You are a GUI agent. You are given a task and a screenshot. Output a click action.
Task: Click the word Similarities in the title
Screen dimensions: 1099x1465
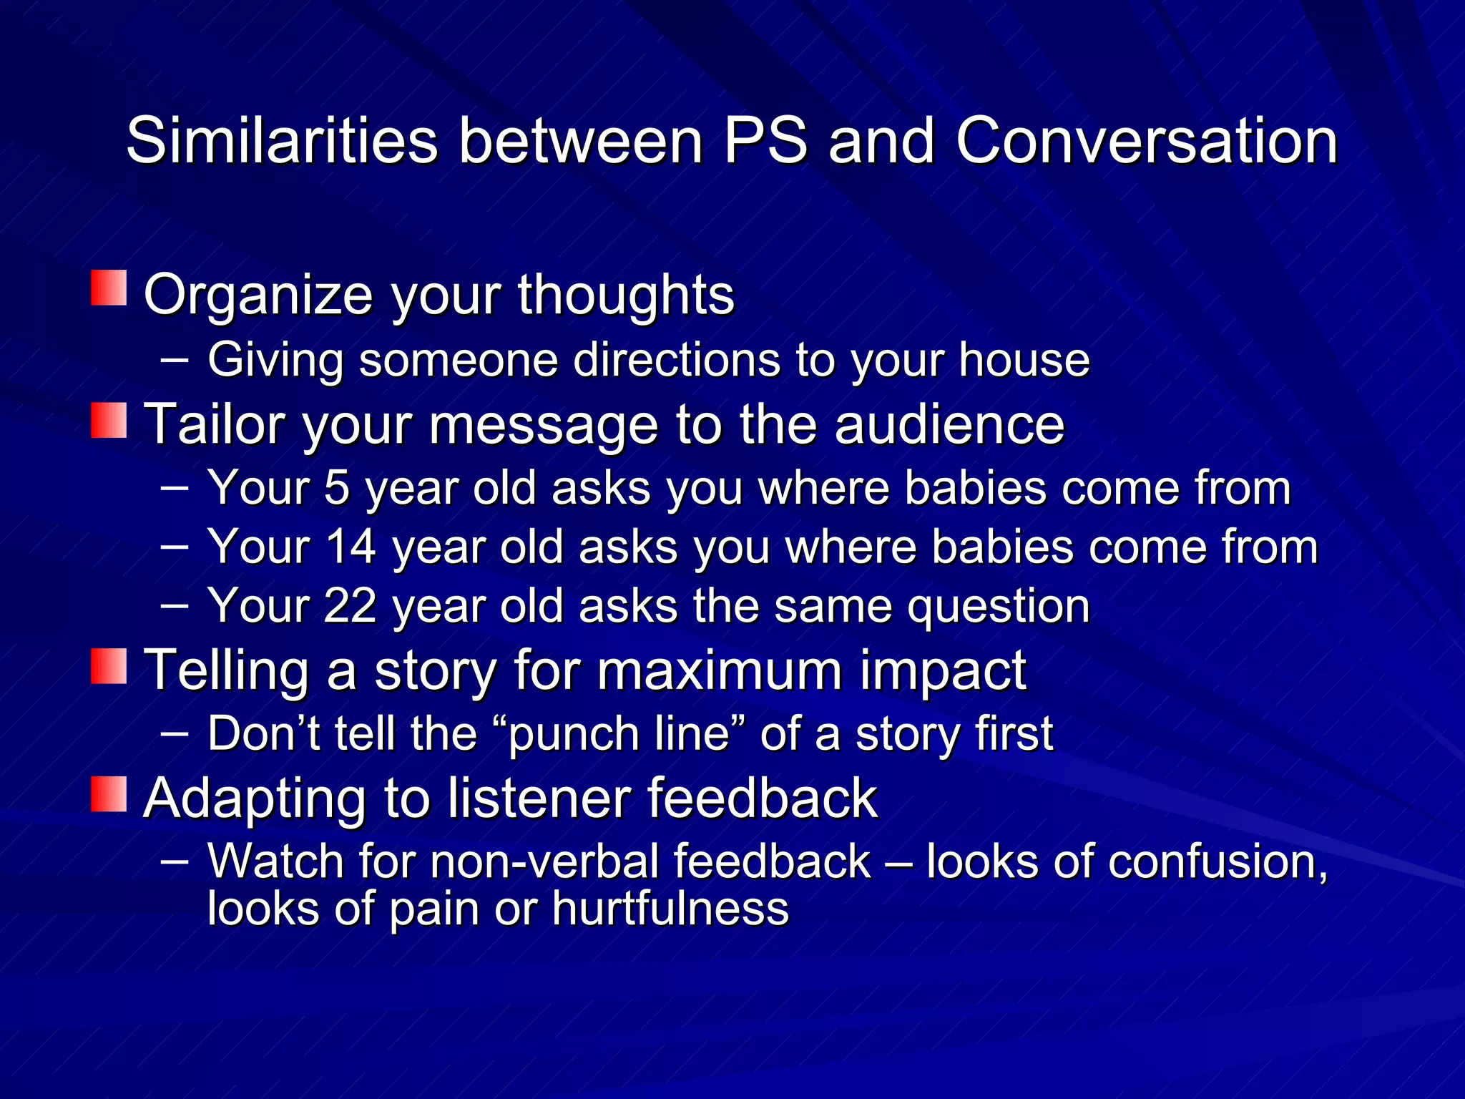(282, 141)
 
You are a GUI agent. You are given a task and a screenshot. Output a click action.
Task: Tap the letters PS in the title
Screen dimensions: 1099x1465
(765, 141)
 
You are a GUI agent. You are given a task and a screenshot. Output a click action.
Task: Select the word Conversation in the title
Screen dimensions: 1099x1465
(1146, 141)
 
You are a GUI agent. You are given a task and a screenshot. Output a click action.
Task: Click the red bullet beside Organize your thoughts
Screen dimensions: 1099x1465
(109, 288)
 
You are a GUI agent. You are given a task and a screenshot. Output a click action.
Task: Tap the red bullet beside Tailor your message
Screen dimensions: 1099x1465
(109, 420)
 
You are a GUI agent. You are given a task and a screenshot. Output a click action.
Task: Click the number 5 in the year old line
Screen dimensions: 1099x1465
(336, 488)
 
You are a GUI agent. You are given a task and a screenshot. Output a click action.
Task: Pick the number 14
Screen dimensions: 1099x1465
(351, 547)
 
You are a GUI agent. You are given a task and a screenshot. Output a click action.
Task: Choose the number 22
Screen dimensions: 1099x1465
(351, 605)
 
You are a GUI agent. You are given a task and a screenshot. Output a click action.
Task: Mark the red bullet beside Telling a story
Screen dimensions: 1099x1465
(109, 666)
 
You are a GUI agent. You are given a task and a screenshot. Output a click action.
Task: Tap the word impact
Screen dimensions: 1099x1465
(942, 671)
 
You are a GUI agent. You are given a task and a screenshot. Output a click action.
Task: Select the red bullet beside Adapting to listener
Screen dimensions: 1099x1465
(109, 794)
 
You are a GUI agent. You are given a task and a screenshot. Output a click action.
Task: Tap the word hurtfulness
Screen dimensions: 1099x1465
(670, 909)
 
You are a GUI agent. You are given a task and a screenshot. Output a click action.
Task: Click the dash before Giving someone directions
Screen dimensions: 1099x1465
(175, 358)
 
